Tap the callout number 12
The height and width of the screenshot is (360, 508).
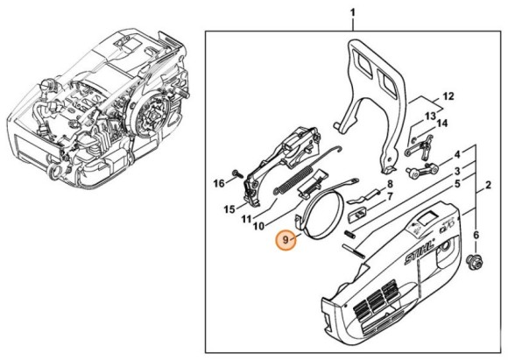(448, 95)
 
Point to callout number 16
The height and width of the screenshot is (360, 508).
(219, 183)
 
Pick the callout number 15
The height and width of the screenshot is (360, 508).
(229, 209)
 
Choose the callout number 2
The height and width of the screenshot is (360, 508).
(488, 185)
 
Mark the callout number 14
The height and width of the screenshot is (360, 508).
(441, 124)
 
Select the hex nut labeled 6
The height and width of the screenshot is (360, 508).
(476, 259)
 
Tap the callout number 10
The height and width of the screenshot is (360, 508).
(259, 226)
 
